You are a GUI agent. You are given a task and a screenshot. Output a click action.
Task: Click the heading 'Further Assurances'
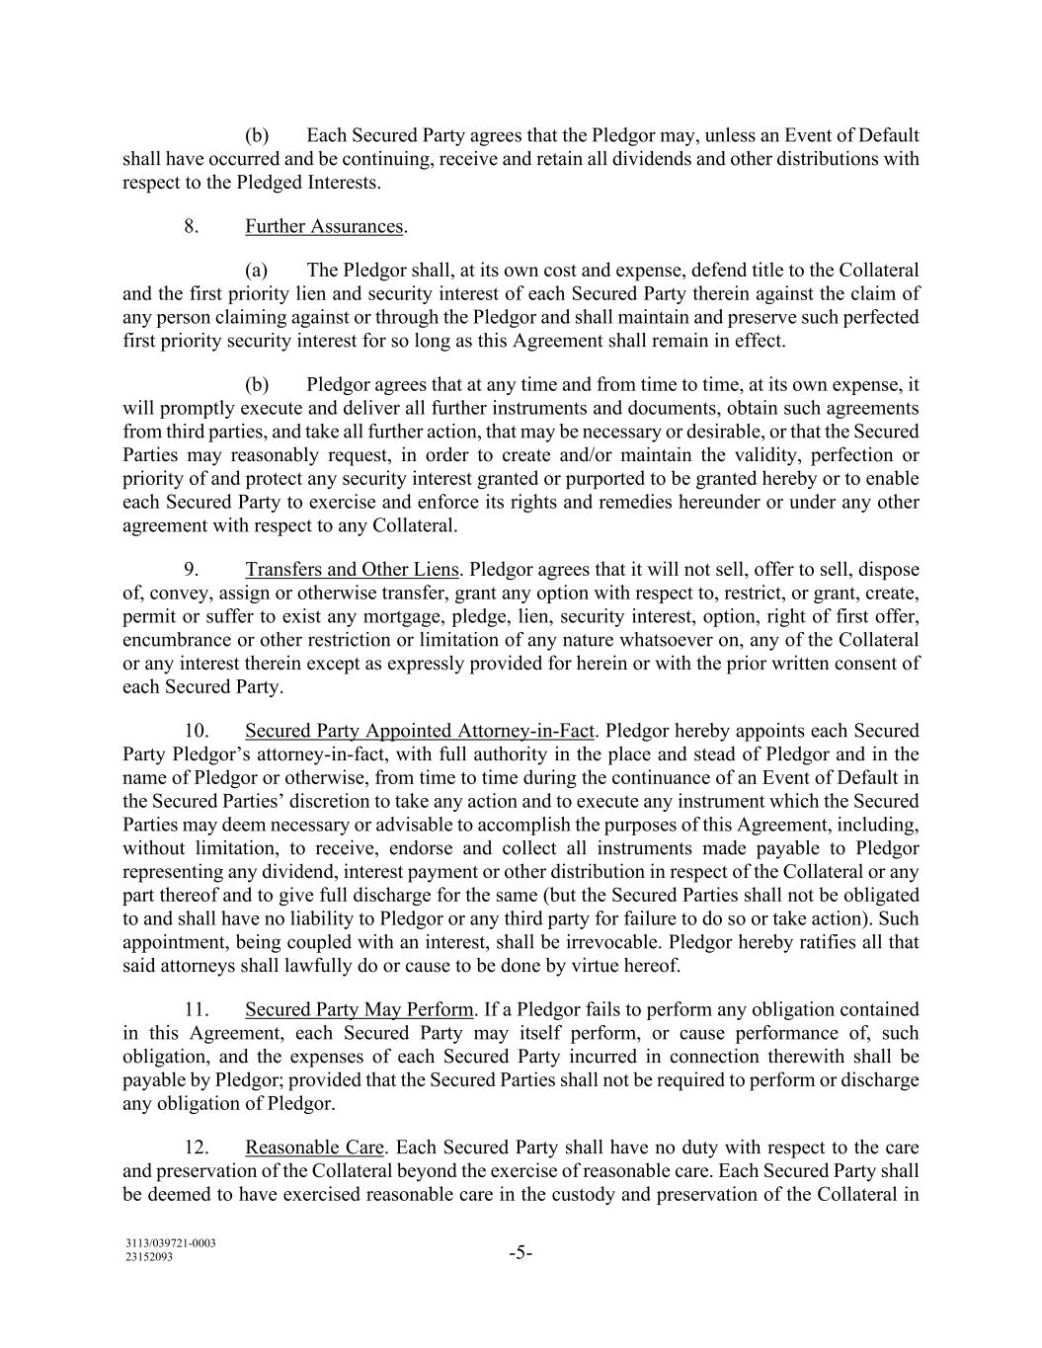click(324, 226)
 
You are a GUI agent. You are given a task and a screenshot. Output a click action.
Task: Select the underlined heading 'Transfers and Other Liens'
click(352, 570)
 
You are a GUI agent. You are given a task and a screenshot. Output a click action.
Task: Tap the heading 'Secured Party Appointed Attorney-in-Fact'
click(419, 731)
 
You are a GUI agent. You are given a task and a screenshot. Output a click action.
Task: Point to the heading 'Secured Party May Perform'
click(360, 1009)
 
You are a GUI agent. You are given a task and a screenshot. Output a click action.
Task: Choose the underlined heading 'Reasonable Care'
click(314, 1148)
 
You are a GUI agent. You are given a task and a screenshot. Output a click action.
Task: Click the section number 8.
click(192, 226)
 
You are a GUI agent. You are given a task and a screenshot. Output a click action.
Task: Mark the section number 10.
click(196, 731)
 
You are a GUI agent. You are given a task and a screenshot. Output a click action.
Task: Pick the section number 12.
click(196, 1148)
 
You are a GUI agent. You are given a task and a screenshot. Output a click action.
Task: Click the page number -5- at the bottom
click(521, 1254)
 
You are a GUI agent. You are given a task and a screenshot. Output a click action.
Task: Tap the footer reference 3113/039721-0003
click(171, 1243)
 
